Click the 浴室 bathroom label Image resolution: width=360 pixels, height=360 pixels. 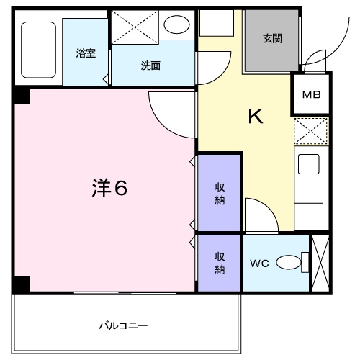click(86, 53)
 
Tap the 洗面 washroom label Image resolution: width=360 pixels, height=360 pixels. click(150, 66)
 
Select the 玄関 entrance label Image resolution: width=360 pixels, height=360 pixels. click(272, 39)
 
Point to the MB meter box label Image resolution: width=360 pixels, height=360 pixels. click(311, 94)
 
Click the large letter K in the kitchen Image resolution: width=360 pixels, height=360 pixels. click(255, 116)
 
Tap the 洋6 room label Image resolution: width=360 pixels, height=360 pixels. click(109, 189)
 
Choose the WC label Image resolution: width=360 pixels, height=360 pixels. click(259, 264)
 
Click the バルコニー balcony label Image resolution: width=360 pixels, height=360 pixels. click(123, 325)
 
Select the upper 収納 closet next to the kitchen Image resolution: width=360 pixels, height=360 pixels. click(220, 193)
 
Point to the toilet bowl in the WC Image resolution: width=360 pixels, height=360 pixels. click(289, 264)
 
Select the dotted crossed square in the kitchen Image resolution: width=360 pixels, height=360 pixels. click(310, 132)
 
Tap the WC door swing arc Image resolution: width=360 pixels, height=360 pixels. click(258, 215)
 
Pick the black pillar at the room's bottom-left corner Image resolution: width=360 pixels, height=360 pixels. click(21, 284)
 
